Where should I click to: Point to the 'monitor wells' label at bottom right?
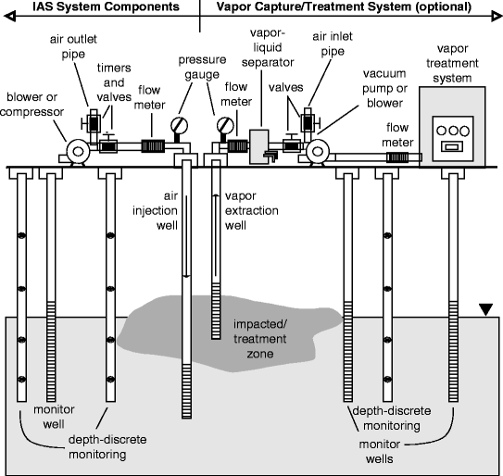(378, 446)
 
